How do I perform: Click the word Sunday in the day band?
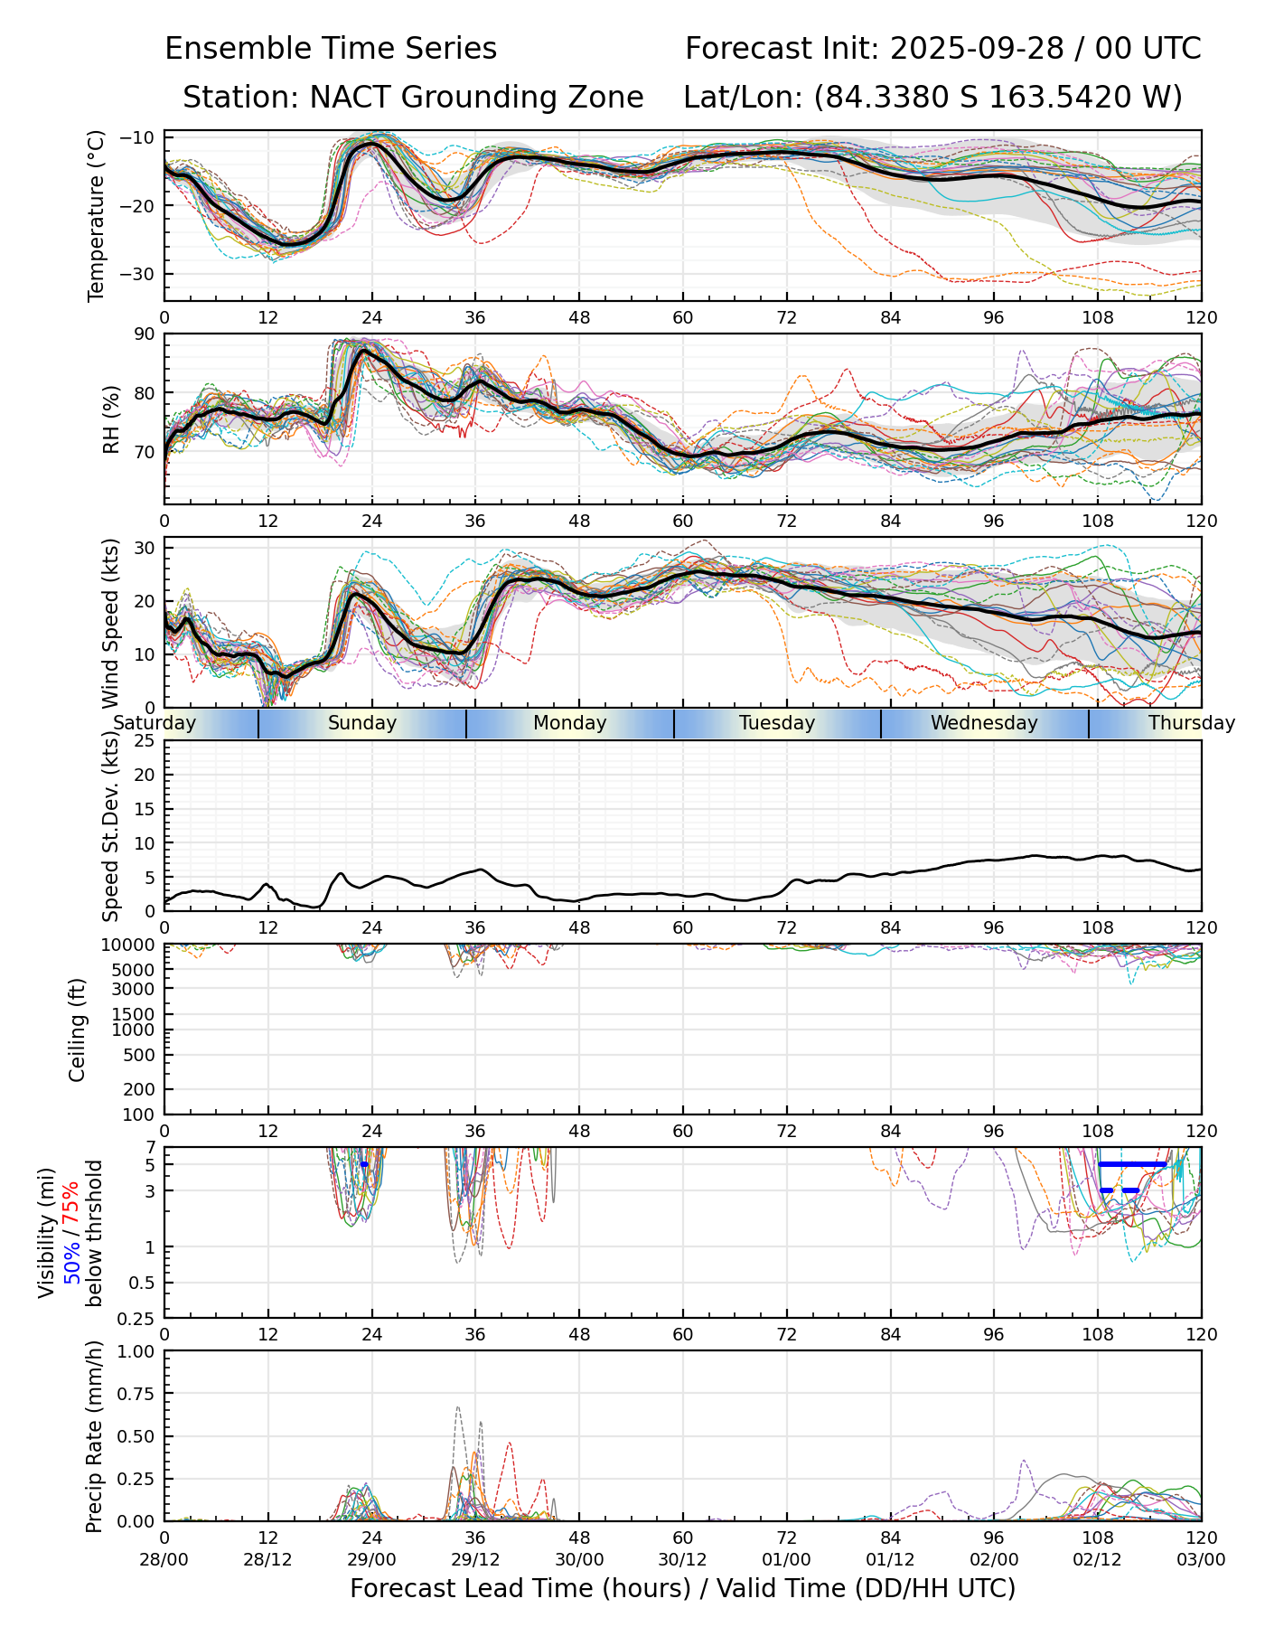pyautogui.click(x=361, y=723)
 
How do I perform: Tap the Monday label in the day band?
pyautogui.click(x=569, y=723)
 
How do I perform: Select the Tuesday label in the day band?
pyautogui.click(x=777, y=723)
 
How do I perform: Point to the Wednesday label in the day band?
pyautogui.click(x=984, y=723)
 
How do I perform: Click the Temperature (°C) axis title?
pyautogui.click(x=97, y=215)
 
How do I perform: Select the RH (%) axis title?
pyautogui.click(x=111, y=419)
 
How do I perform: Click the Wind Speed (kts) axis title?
pyautogui.click(x=111, y=623)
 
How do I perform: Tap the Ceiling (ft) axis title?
pyautogui.click(x=78, y=1030)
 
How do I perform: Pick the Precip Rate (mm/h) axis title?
pyautogui.click(x=94, y=1436)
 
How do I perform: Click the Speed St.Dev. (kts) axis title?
pyautogui.click(x=111, y=826)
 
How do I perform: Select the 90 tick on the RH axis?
pyautogui.click(x=145, y=334)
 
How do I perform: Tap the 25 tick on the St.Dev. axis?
pyautogui.click(x=145, y=741)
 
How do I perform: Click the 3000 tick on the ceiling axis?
pyautogui.click(x=134, y=989)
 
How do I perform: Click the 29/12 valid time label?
pyautogui.click(x=475, y=1560)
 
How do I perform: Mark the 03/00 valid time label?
pyautogui.click(x=1201, y=1560)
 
